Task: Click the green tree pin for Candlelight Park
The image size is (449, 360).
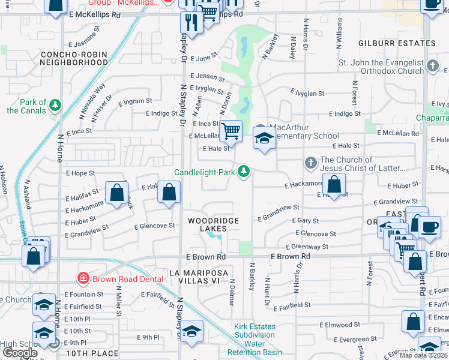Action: coord(244,172)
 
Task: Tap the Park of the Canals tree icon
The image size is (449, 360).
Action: coord(55,106)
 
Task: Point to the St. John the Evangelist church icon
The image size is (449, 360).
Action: coord(432,67)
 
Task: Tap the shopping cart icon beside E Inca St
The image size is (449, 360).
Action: coord(231,131)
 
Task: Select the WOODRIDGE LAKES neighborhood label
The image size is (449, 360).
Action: coord(213,221)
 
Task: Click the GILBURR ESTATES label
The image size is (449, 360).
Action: coord(397,43)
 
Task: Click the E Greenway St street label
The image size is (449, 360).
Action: coord(307,247)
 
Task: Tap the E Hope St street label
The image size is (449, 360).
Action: coord(80,173)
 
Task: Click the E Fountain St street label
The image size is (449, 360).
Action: coord(85,295)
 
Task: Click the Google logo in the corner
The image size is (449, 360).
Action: coord(20,352)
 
